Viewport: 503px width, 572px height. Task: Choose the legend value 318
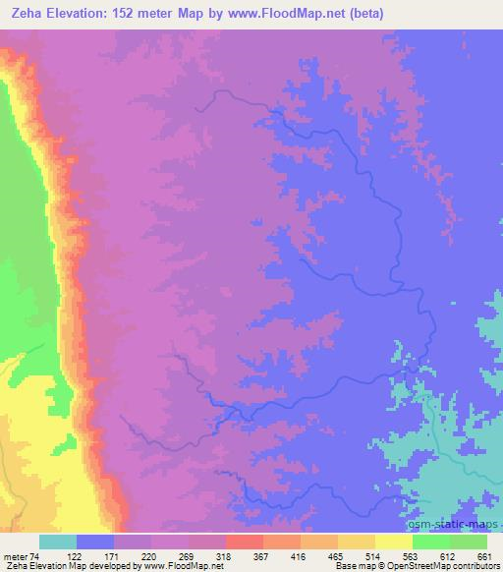tap(224, 555)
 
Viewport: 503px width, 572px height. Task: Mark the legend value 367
tap(261, 555)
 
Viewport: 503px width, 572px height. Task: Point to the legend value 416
tap(299, 555)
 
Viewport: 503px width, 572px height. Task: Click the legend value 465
tap(336, 555)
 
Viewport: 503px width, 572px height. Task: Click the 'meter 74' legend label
tap(21, 555)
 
